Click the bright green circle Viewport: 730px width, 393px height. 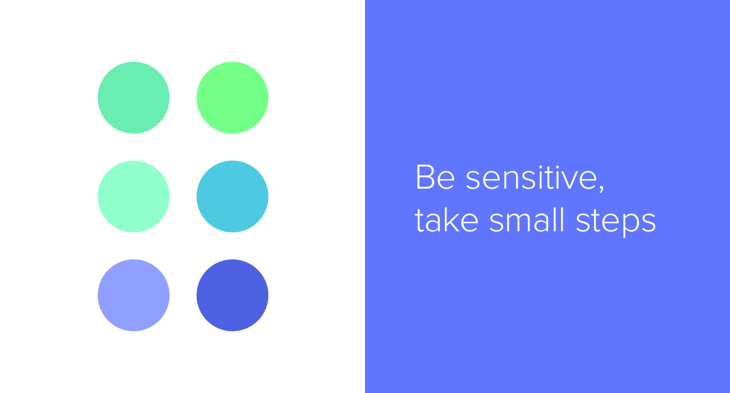point(232,98)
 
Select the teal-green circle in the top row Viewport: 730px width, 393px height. point(134,98)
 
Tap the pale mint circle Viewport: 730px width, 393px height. point(134,196)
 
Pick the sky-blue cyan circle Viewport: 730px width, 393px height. point(232,196)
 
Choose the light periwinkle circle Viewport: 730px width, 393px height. point(134,295)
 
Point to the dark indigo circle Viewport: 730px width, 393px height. point(232,295)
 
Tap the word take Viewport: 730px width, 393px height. point(446,221)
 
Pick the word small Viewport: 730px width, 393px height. point(527,221)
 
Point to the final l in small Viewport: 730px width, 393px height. point(562,221)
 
